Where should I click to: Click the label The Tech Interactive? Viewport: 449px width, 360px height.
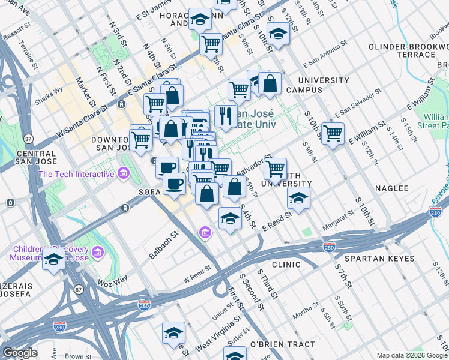click(x=76, y=174)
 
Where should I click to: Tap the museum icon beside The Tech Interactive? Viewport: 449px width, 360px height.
click(x=124, y=174)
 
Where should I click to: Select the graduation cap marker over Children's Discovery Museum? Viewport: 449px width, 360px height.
click(x=54, y=260)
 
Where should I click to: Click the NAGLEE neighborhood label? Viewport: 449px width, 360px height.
click(x=391, y=188)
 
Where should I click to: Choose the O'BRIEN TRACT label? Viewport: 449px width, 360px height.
click(x=282, y=344)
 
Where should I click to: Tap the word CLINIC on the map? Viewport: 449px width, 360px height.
click(x=286, y=264)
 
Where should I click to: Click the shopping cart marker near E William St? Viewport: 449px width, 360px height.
click(x=333, y=133)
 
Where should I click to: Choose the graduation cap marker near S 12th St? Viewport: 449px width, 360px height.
click(x=279, y=34)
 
